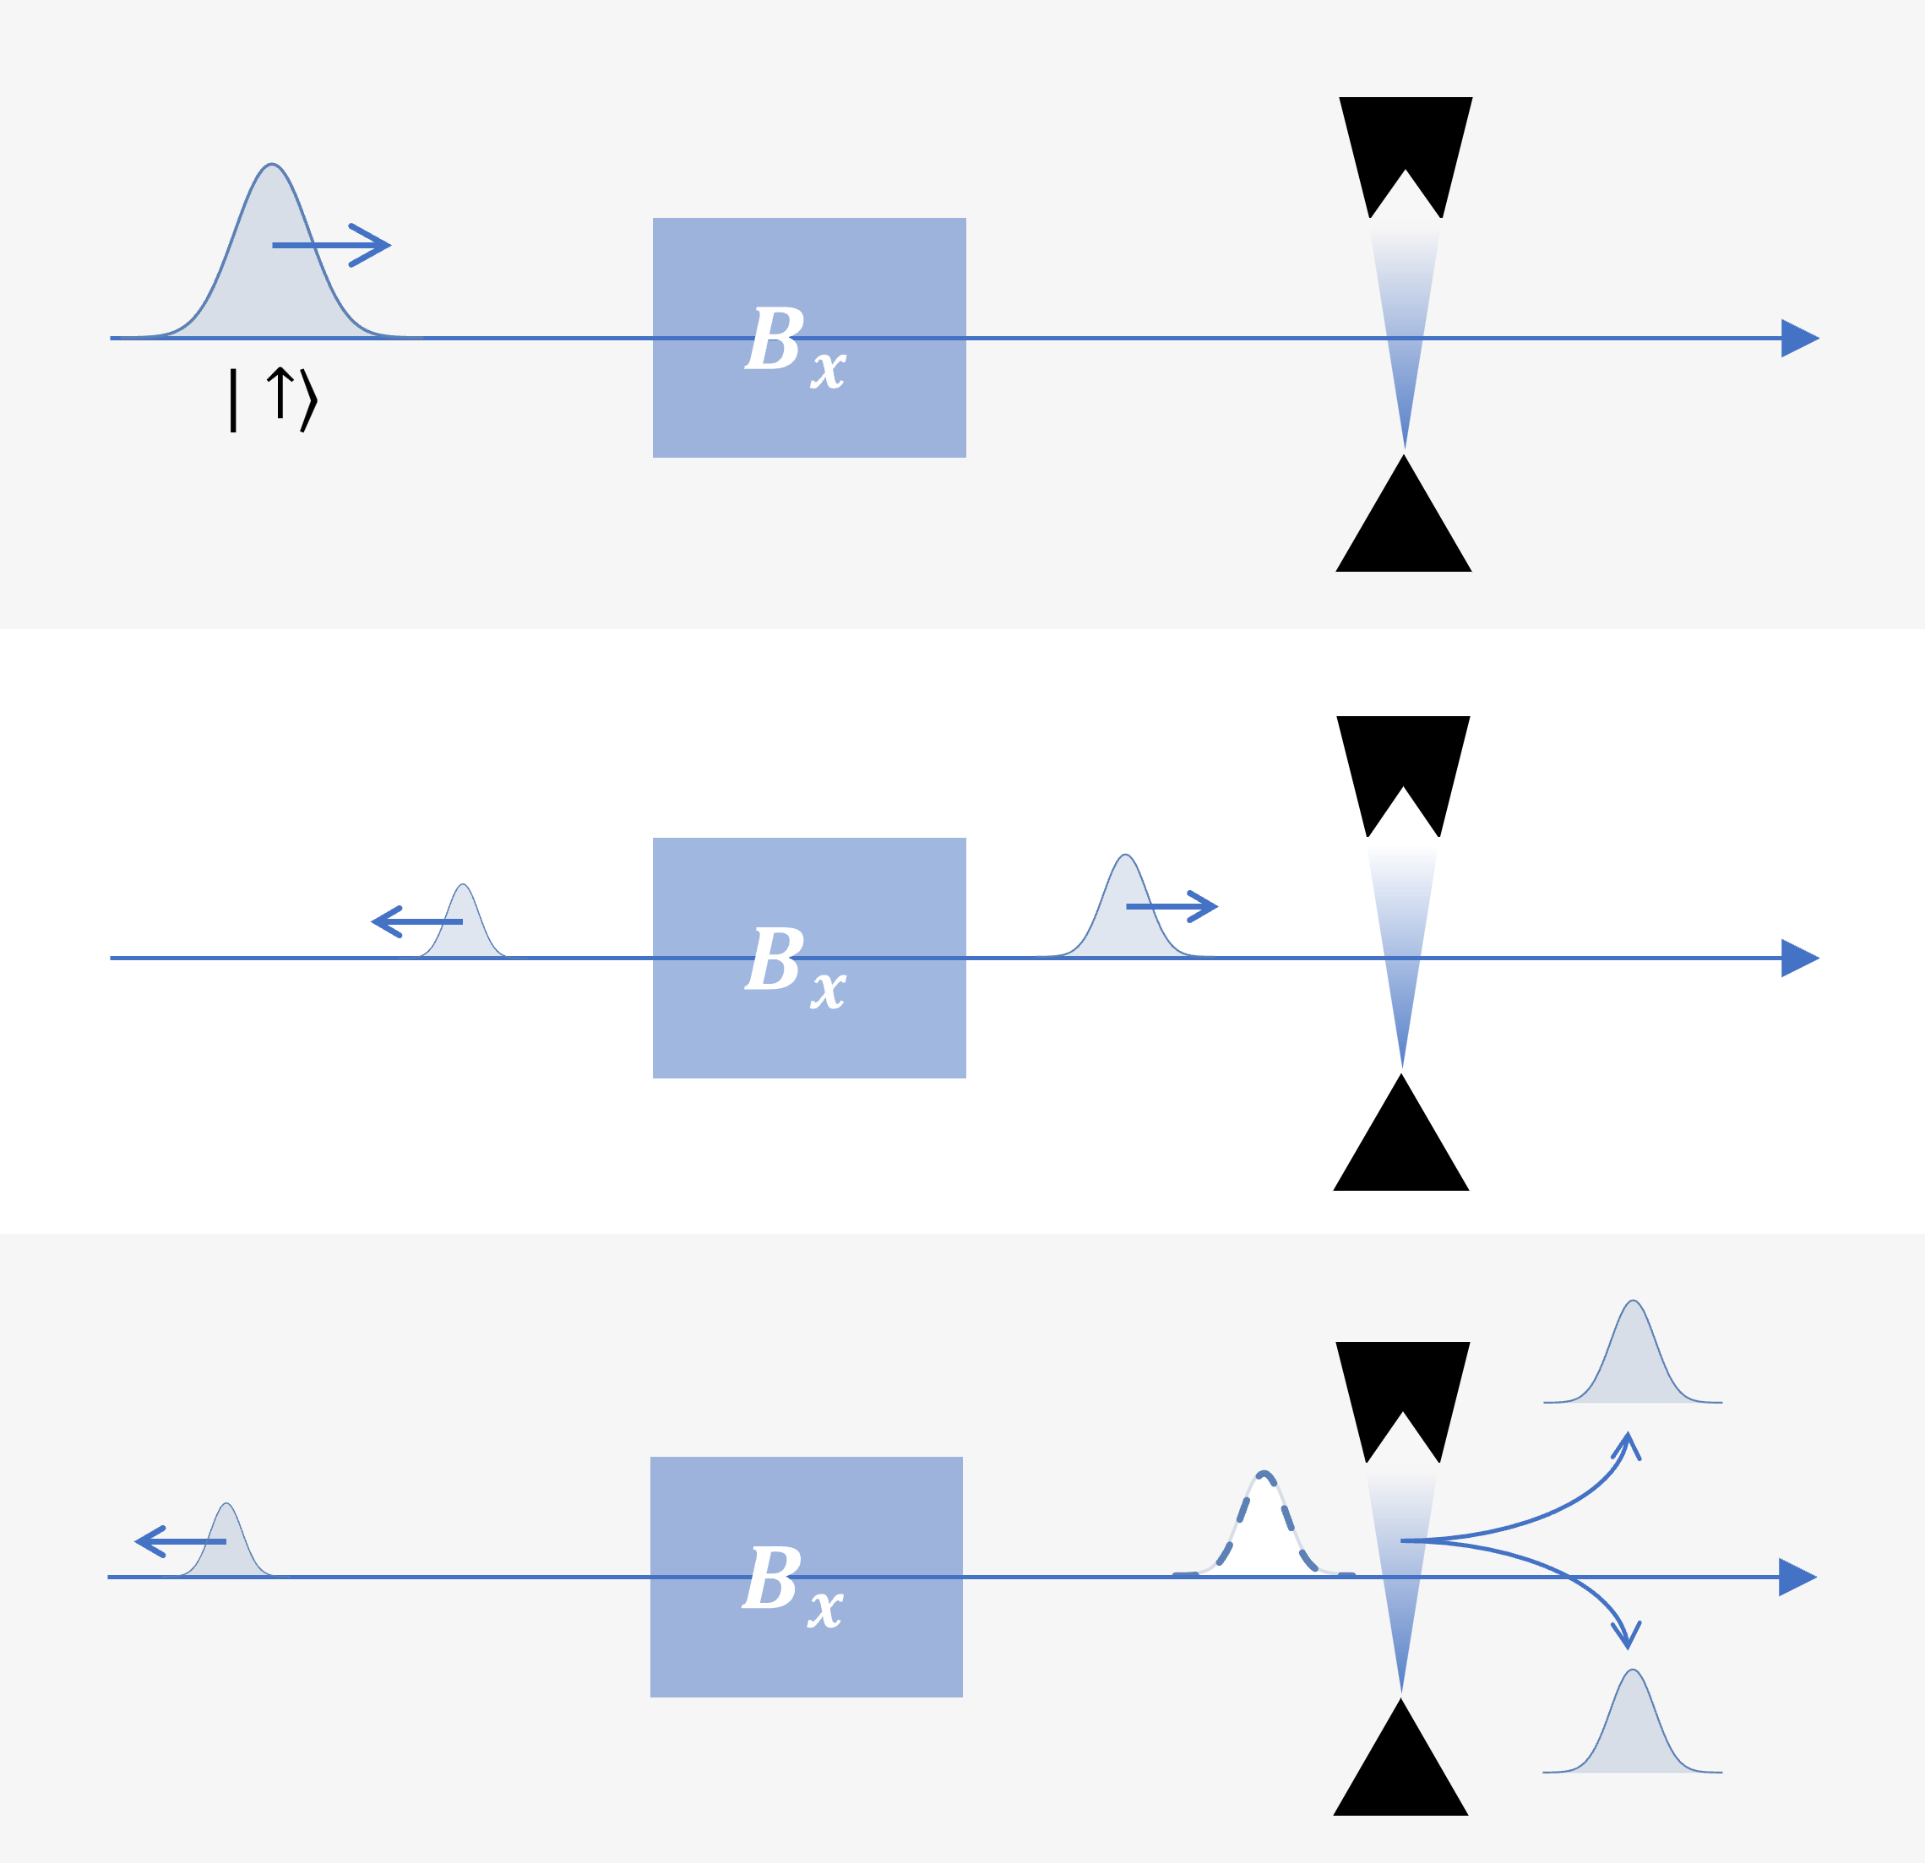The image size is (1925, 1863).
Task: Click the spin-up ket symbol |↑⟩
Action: [273, 399]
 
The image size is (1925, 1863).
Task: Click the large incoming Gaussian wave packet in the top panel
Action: [272, 275]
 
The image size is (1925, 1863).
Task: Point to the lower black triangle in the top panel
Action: [1404, 530]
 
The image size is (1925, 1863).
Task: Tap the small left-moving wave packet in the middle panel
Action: [464, 928]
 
